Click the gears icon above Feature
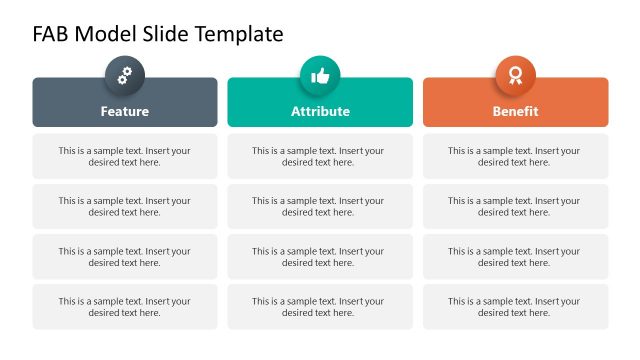pyautogui.click(x=125, y=75)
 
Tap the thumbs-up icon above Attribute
pyautogui.click(x=320, y=75)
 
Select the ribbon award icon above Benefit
pyautogui.click(x=516, y=75)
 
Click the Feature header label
pyautogui.click(x=125, y=111)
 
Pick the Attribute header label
pyautogui.click(x=320, y=111)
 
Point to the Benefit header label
pyautogui.click(x=516, y=111)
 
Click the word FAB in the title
pyautogui.click(x=50, y=34)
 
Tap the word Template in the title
pyautogui.click(x=240, y=34)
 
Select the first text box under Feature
pyautogui.click(x=125, y=156)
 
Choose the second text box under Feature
pyautogui.click(x=125, y=206)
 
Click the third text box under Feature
pyautogui.click(x=125, y=256)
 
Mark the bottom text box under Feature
pyautogui.click(x=125, y=306)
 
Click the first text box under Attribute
pyautogui.click(x=320, y=156)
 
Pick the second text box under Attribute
pyautogui.click(x=320, y=206)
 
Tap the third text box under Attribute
pyautogui.click(x=320, y=256)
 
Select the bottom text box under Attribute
pyautogui.click(x=320, y=306)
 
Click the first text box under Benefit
pyautogui.click(x=515, y=156)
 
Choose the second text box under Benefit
pyautogui.click(x=515, y=206)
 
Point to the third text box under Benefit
pyautogui.click(x=515, y=256)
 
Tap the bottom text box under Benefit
pyautogui.click(x=515, y=306)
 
